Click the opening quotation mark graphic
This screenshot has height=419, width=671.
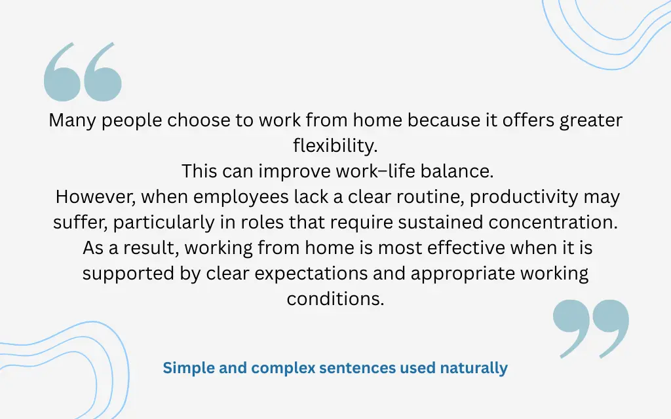click(x=83, y=72)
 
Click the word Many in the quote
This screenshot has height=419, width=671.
click(x=71, y=121)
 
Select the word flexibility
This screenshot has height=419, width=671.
click(x=335, y=146)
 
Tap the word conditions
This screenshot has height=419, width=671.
click(x=335, y=299)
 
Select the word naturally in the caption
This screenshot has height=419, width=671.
click(x=474, y=368)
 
